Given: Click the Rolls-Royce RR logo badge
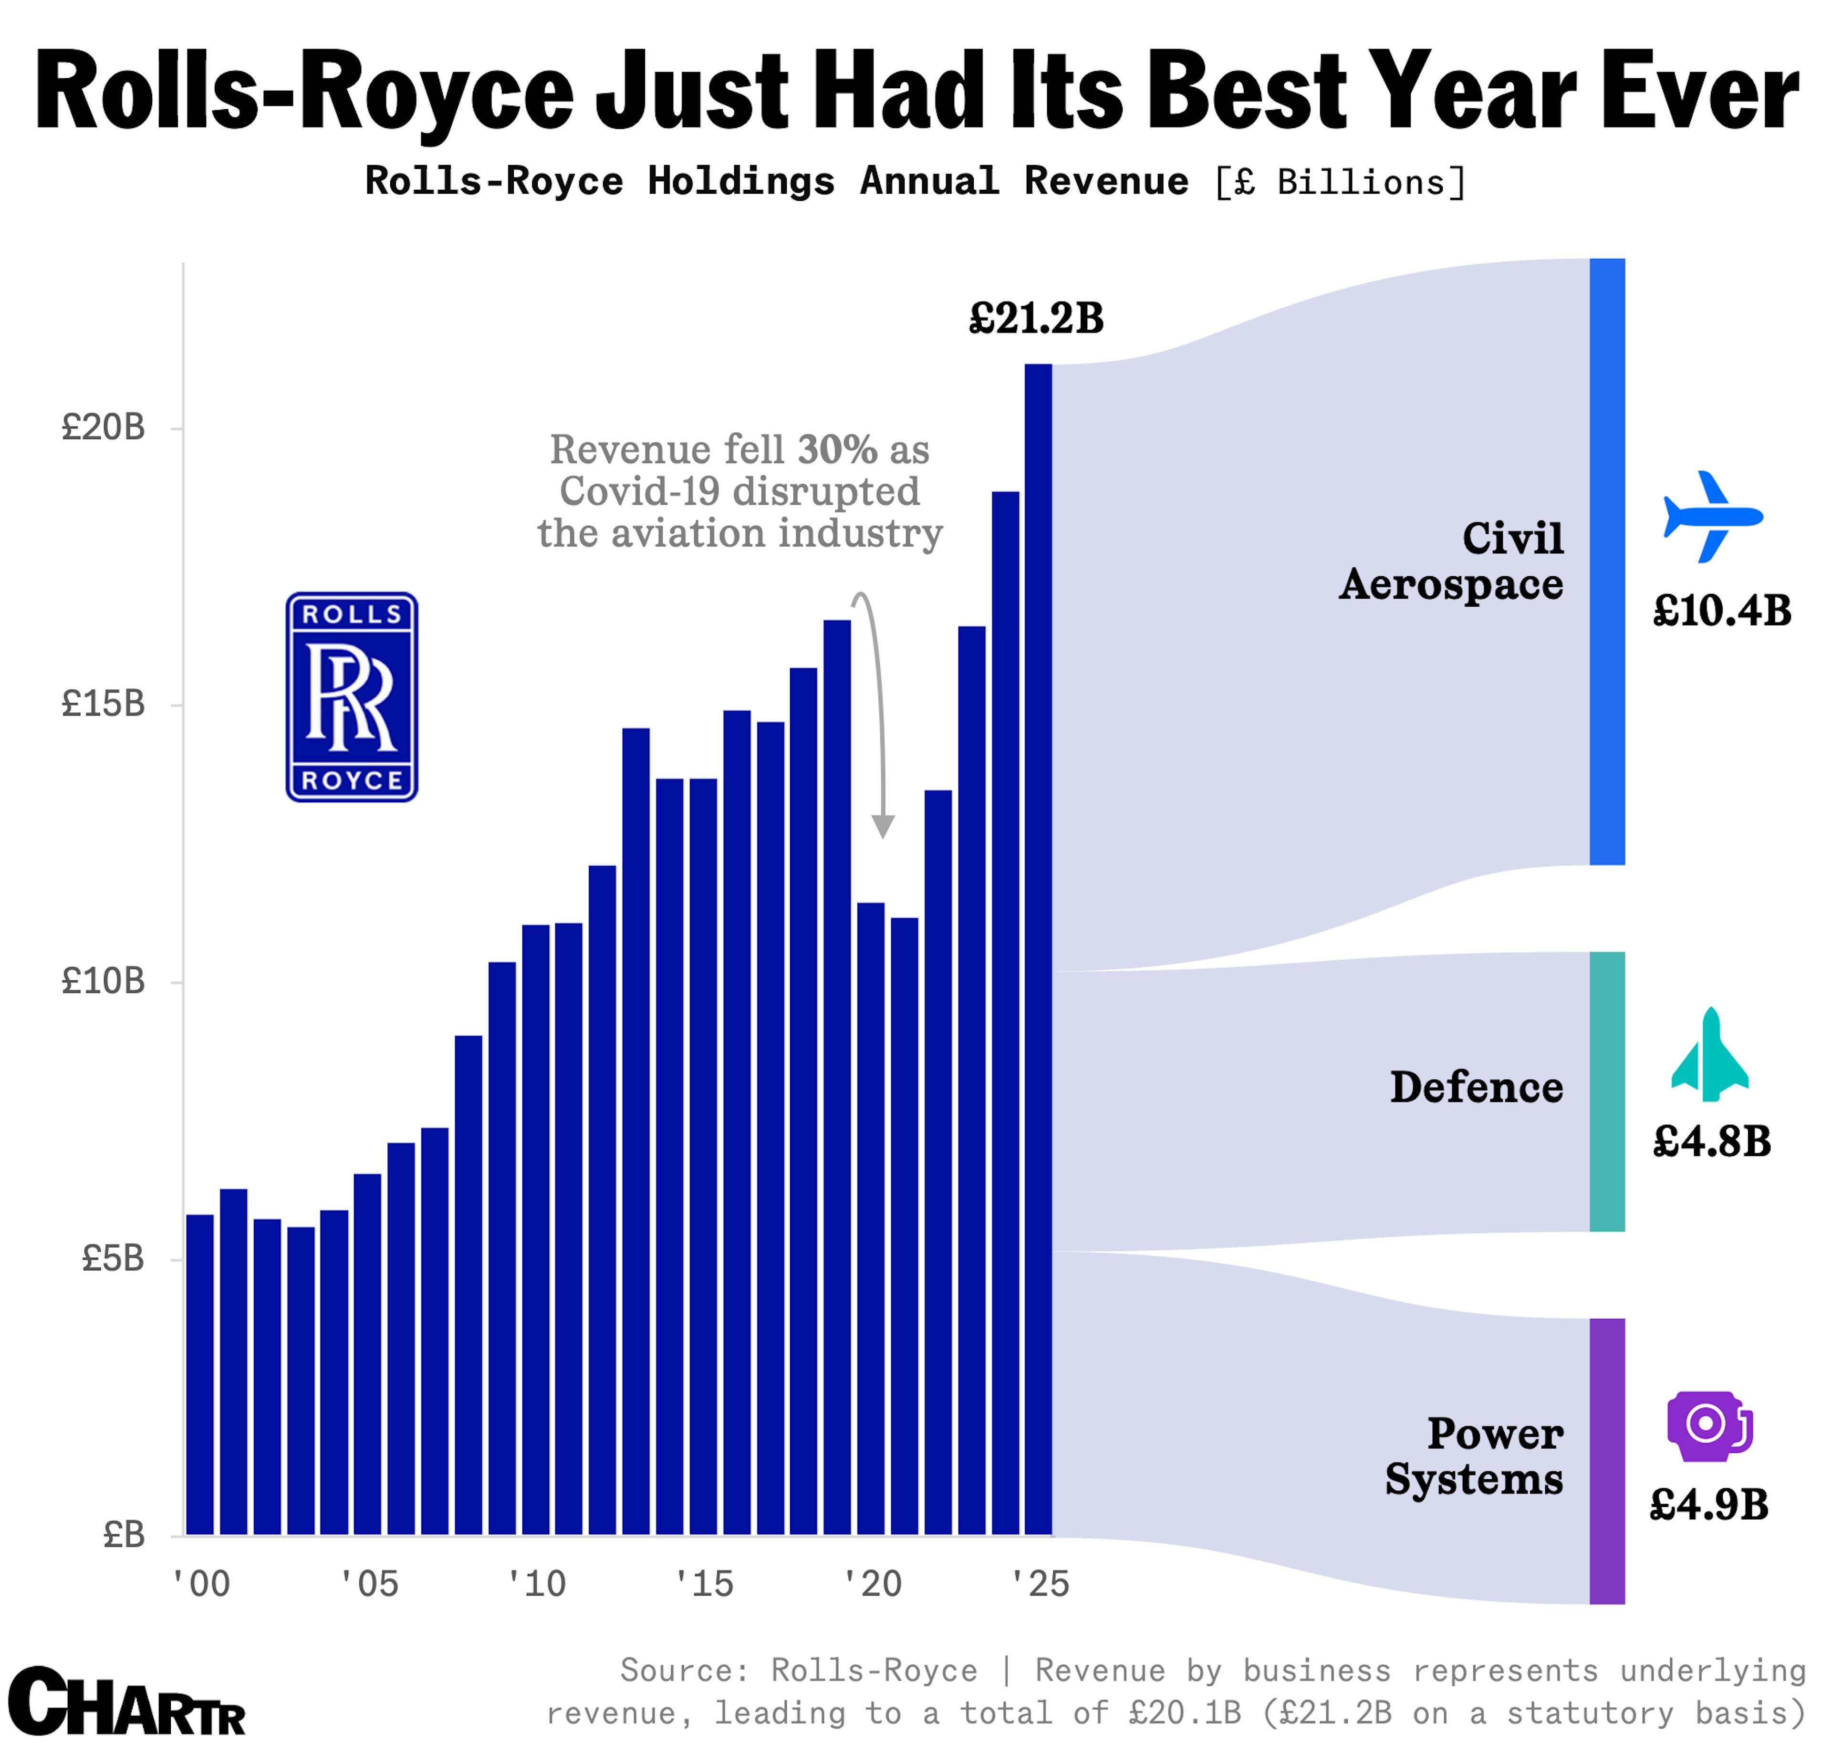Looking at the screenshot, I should coord(351,697).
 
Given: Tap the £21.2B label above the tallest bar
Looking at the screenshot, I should coord(1036,319).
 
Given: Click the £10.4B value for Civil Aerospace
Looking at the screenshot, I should coord(1721,612).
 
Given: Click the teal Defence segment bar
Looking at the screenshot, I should coord(1606,1092).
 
